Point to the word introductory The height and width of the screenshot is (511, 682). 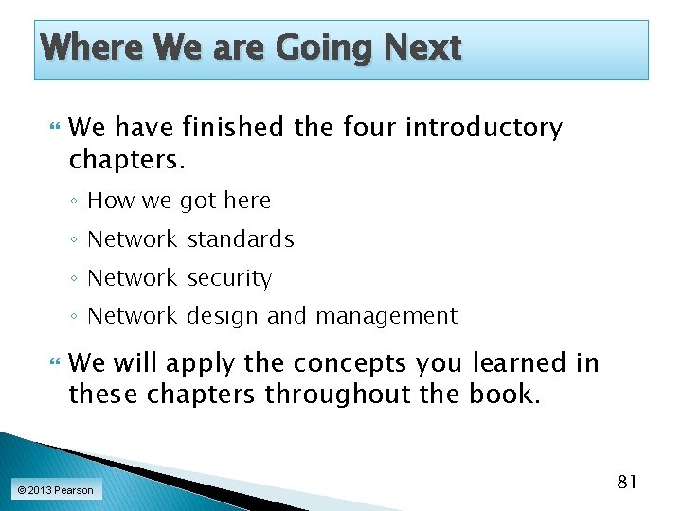(484, 128)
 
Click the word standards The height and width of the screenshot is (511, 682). (241, 239)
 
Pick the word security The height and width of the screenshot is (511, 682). (229, 278)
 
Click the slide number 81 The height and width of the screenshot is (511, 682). (627, 483)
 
